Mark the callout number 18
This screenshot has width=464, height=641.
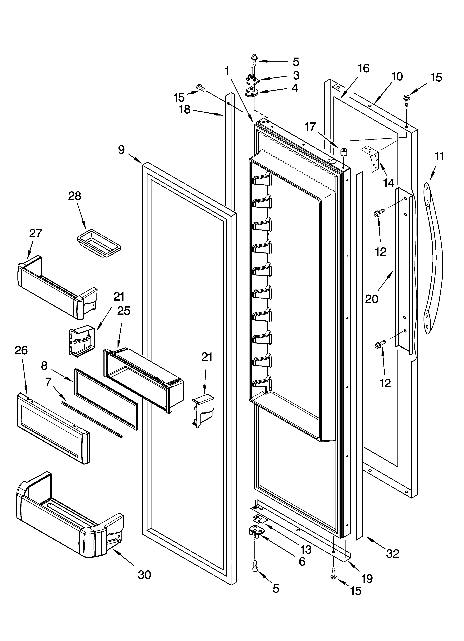[185, 110]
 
